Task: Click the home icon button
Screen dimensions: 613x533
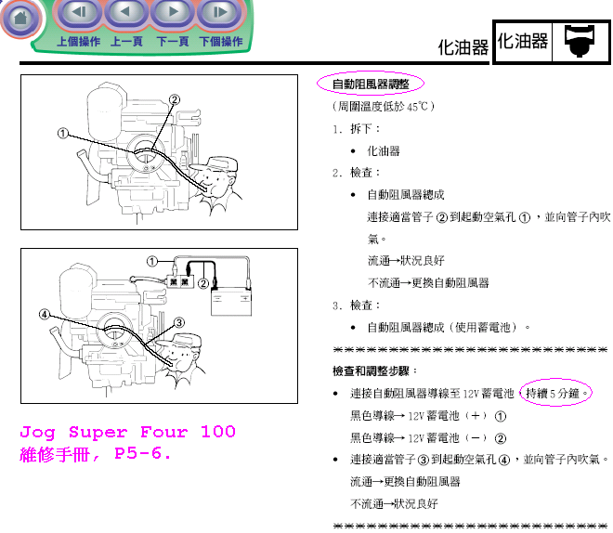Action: [x=21, y=18]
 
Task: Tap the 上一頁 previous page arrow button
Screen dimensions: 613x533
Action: [x=126, y=12]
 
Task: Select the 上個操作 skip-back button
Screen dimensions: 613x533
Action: [x=80, y=12]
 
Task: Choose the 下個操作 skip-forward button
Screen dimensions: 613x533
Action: [x=220, y=12]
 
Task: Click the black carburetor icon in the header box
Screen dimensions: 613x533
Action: [x=580, y=41]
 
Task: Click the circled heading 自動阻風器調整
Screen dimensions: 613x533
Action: [x=371, y=84]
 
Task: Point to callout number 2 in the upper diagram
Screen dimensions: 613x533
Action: [x=175, y=99]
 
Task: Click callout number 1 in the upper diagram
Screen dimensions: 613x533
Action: [x=62, y=134]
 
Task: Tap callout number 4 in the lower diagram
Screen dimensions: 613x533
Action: [x=45, y=314]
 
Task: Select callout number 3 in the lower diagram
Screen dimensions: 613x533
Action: [x=179, y=322]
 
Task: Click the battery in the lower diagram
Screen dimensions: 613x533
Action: [x=231, y=301]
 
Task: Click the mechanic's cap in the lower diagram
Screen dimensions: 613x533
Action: [x=184, y=341]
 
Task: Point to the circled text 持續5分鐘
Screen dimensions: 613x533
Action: [x=555, y=393]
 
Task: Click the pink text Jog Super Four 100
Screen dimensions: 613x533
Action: [x=128, y=432]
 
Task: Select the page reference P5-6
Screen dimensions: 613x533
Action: [x=143, y=454]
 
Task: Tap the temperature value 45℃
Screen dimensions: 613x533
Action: [x=418, y=106]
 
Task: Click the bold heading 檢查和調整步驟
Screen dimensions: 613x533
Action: [x=371, y=370]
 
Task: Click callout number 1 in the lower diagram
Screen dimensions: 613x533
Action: [x=151, y=261]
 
